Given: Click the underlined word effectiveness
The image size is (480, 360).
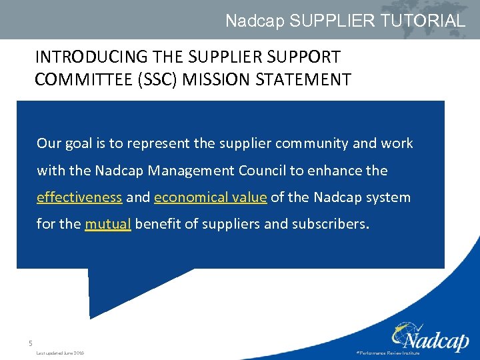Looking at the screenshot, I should pyautogui.click(x=79, y=197).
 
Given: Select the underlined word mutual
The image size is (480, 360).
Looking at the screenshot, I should pyautogui.click(x=108, y=224).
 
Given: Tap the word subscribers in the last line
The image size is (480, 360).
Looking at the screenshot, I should pyautogui.click(x=329, y=224).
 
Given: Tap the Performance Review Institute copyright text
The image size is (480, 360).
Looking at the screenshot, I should pyautogui.click(x=388, y=353).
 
